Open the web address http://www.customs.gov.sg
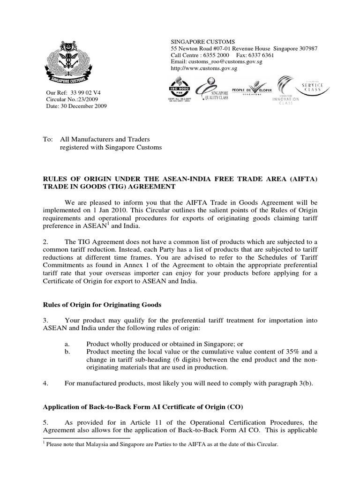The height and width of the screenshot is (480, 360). pos(204,68)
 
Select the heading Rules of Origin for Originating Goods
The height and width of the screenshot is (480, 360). pos(102,305)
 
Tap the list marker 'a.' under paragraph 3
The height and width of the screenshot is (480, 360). pos(68,344)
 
